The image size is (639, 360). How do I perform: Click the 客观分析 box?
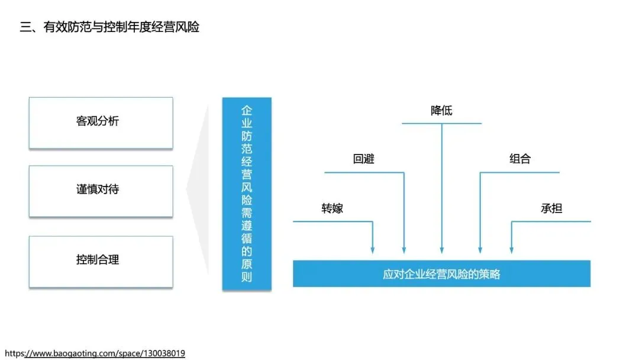(x=101, y=123)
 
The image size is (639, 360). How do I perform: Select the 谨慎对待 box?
(x=101, y=191)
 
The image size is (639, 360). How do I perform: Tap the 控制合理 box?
(x=101, y=261)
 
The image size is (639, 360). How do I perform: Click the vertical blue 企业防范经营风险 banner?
(x=247, y=193)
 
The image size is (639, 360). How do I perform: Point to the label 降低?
(x=441, y=111)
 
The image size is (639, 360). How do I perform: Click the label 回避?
(x=363, y=159)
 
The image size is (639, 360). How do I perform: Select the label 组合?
(x=520, y=159)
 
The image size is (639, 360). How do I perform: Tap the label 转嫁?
(x=332, y=208)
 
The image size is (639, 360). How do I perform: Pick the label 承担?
(x=551, y=208)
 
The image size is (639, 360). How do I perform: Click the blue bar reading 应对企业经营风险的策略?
(x=441, y=274)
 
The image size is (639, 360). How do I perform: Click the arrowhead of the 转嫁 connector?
(x=373, y=250)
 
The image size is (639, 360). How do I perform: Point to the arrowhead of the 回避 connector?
(x=404, y=250)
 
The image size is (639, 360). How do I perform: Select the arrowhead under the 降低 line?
(x=441, y=250)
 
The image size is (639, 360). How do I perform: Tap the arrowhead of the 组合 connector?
(x=480, y=250)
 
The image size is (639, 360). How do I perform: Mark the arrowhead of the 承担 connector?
(x=511, y=250)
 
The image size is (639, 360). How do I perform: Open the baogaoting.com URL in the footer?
(x=95, y=353)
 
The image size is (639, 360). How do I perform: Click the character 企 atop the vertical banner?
(x=247, y=111)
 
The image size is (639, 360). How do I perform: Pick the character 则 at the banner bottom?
(x=247, y=278)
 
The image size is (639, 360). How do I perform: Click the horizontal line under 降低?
(x=441, y=123)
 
